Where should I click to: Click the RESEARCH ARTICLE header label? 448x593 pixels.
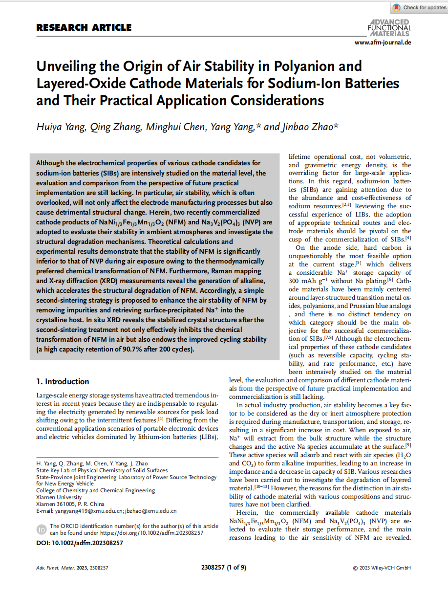(x=84, y=27)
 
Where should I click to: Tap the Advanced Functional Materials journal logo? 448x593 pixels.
(x=389, y=28)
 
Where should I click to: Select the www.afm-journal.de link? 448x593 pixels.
(x=383, y=43)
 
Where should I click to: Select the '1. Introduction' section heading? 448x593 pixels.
(x=63, y=381)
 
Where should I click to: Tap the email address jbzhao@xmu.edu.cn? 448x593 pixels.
(x=150, y=511)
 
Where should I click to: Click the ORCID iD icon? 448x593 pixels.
(x=41, y=529)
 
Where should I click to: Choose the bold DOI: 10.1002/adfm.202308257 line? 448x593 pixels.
(x=80, y=543)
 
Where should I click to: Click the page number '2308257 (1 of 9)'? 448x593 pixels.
(x=223, y=568)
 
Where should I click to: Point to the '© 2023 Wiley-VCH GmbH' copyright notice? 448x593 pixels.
(x=382, y=568)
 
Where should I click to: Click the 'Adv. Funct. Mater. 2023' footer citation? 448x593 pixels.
(x=72, y=568)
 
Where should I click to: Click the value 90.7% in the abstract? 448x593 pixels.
(x=137, y=349)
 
